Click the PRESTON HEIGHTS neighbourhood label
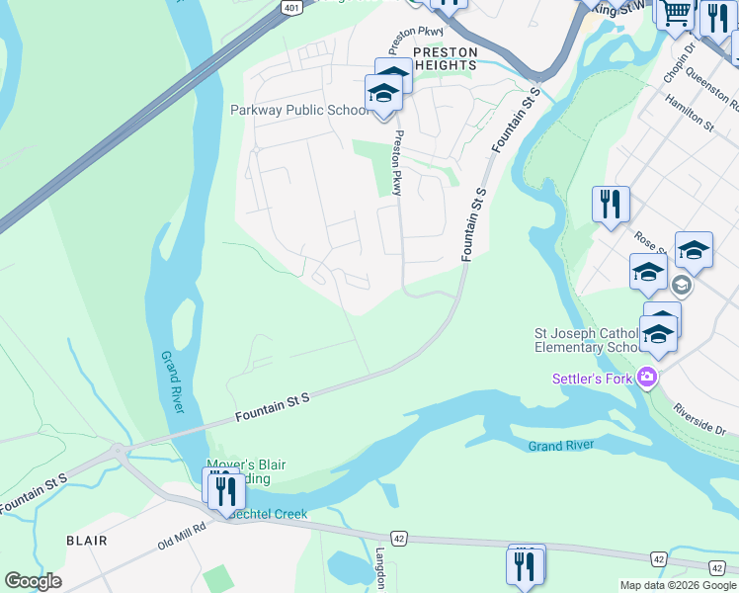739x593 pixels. pyautogui.click(x=445, y=58)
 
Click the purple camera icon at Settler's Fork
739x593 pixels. pyautogui.click(x=647, y=376)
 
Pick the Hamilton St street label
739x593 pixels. pyautogui.click(x=689, y=112)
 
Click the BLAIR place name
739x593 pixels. pyautogui.click(x=86, y=541)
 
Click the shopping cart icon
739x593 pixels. pyautogui.click(x=676, y=13)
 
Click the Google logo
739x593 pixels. pyautogui.click(x=33, y=580)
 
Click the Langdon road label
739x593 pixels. pyautogui.click(x=379, y=568)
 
